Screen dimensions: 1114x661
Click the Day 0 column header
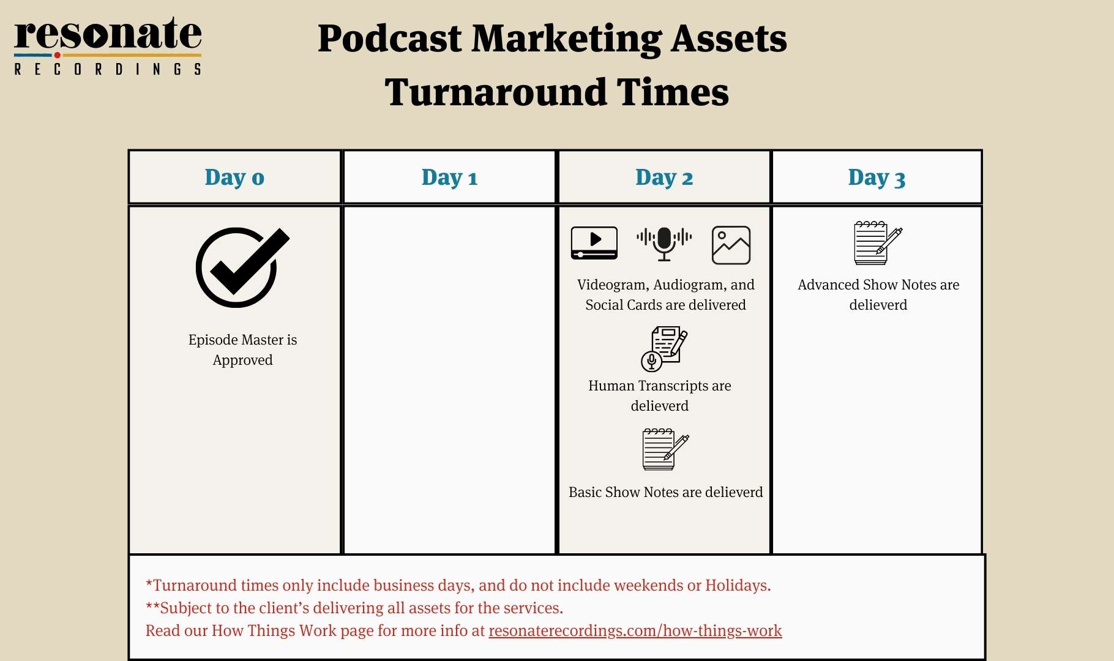234,177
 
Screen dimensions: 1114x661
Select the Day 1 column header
449,177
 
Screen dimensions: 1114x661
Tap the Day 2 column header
664,177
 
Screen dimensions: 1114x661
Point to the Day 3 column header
877,177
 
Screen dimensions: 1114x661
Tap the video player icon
594,243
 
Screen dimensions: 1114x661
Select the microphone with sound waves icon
664,243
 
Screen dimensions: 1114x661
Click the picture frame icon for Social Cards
731,245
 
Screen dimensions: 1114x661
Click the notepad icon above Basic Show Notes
665,449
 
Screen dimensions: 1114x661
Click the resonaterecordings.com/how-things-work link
635,631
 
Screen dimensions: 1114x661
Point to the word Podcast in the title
389,39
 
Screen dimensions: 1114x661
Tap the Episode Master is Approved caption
243,350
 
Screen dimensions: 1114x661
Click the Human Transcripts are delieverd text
660,395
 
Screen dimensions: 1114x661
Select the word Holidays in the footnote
738,586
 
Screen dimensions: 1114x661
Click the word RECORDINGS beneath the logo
108,69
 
